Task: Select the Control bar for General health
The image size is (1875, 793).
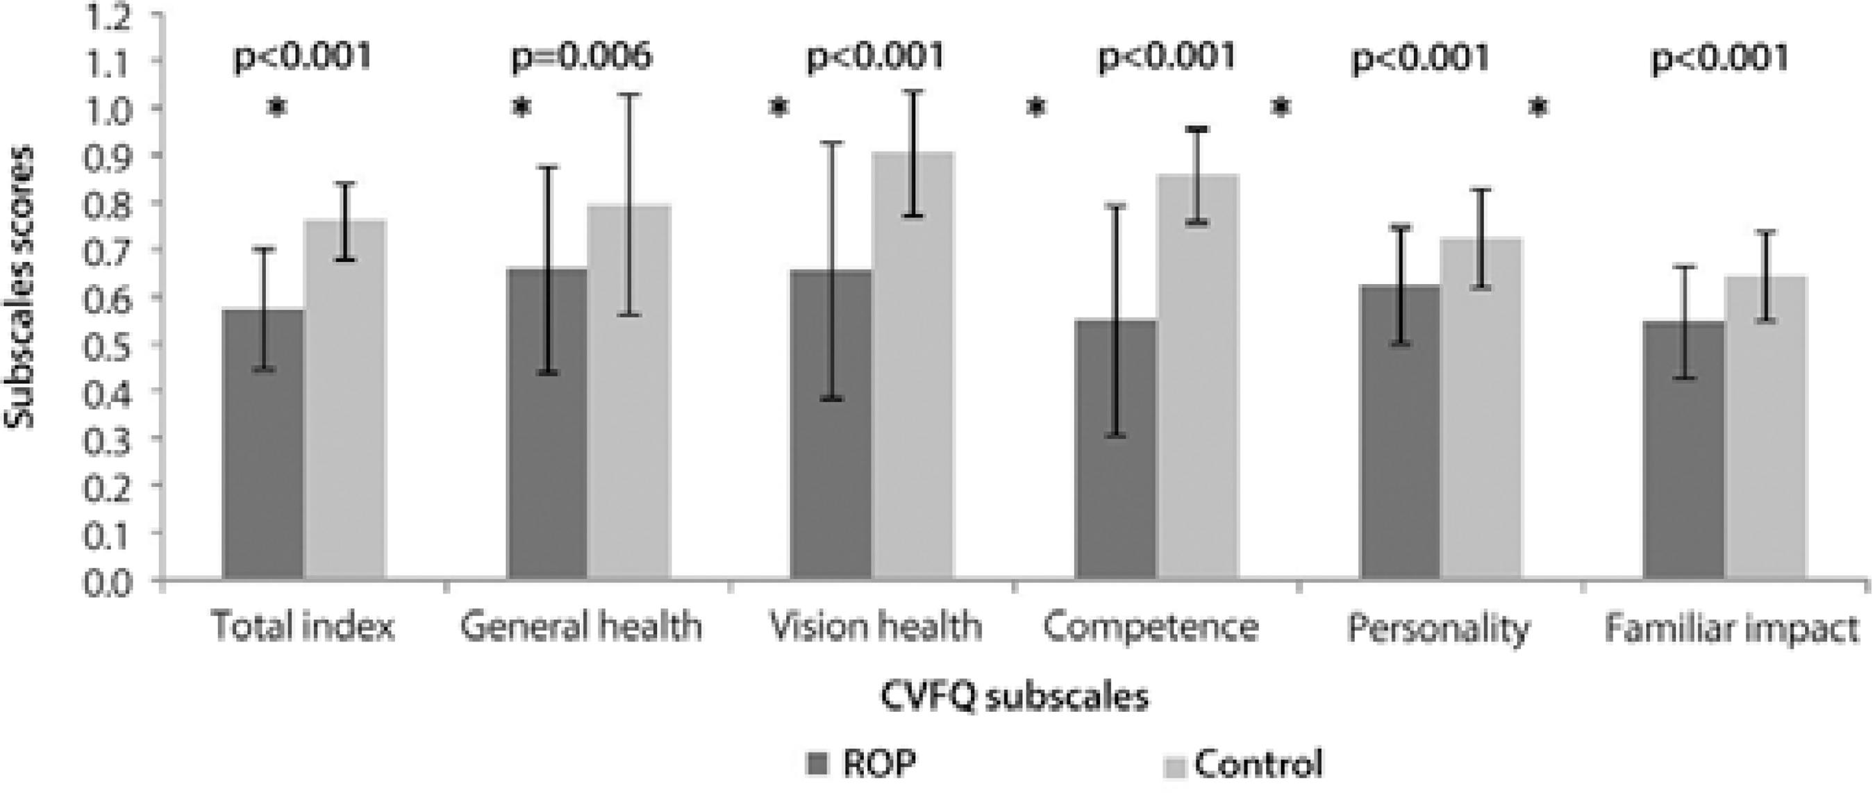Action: click(x=629, y=393)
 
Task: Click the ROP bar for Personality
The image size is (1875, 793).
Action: click(x=1400, y=432)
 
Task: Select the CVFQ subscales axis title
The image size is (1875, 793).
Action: click(x=1015, y=697)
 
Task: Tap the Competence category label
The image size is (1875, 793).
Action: click(x=1151, y=627)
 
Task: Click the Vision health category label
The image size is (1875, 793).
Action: click(x=876, y=627)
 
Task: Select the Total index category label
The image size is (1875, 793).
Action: click(x=302, y=627)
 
